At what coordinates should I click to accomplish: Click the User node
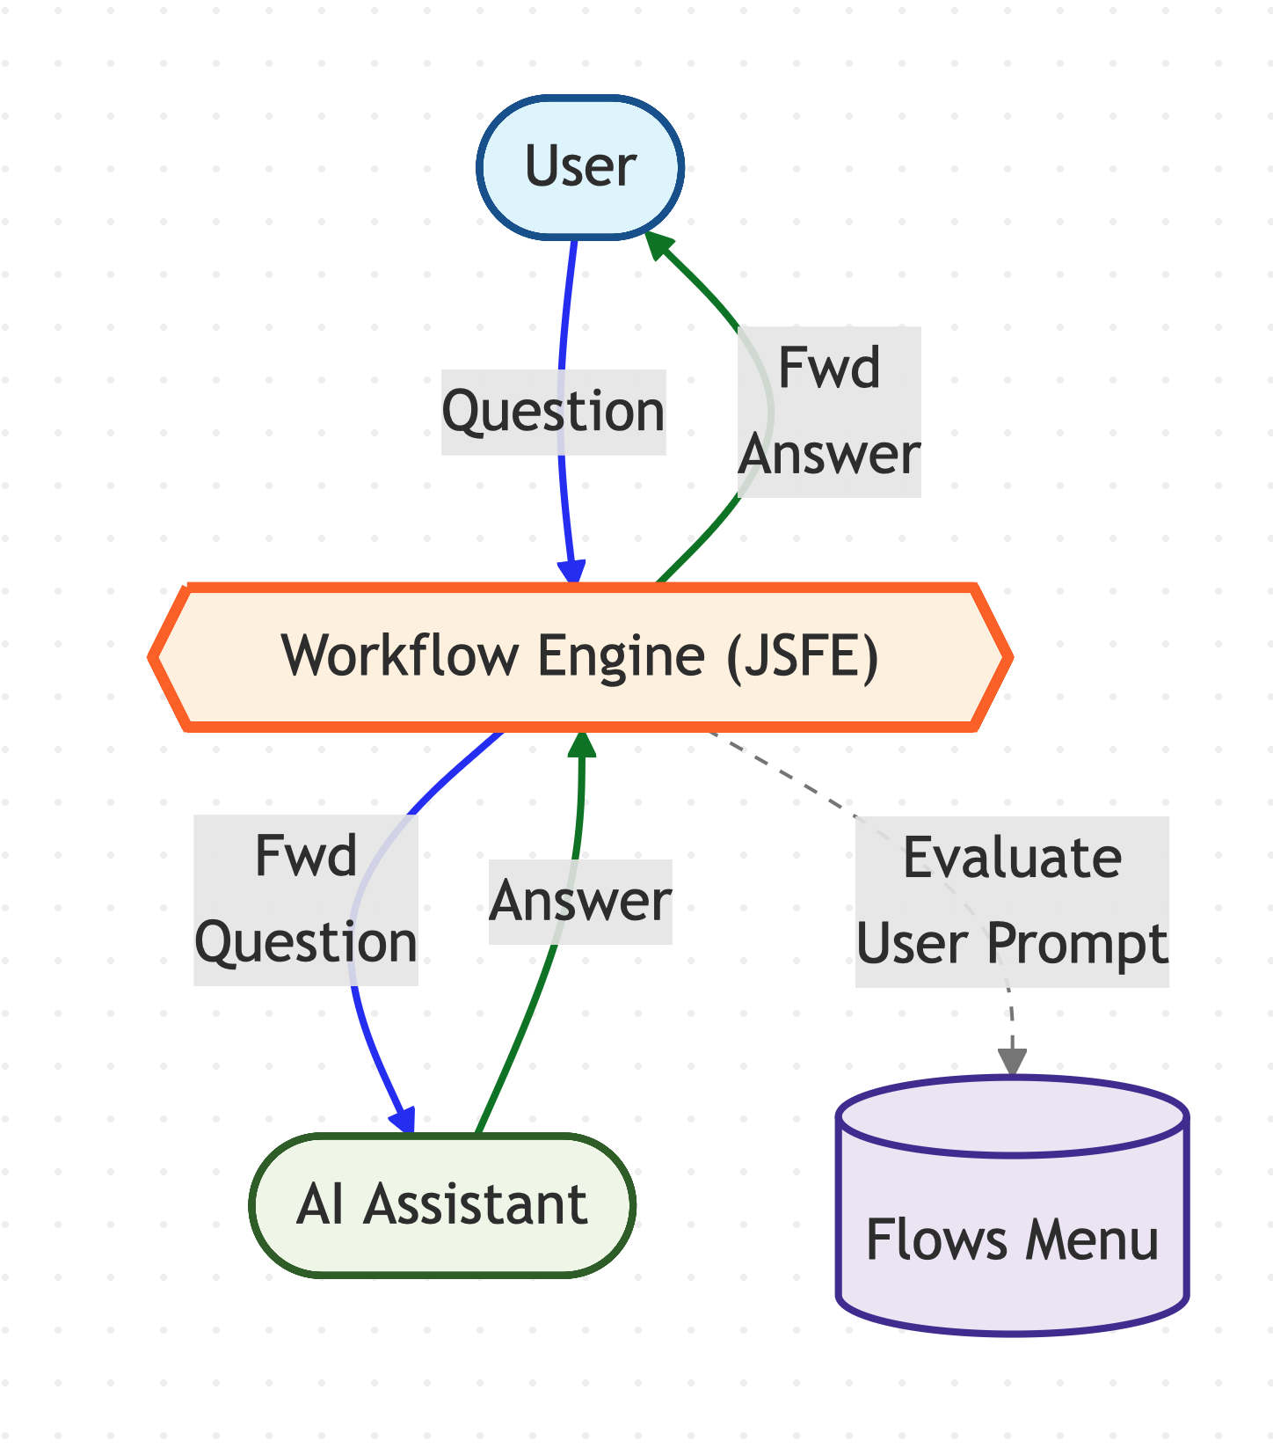[580, 166]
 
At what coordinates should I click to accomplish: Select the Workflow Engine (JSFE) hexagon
[580, 656]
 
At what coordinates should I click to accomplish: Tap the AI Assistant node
[442, 1203]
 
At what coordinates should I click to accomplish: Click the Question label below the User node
[553, 412]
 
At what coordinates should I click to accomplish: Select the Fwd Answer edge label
[830, 412]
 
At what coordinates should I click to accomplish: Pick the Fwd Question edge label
[305, 899]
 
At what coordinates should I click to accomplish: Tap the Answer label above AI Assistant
[580, 902]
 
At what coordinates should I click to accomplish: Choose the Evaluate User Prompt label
[1012, 901]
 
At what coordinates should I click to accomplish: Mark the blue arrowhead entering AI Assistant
[404, 1122]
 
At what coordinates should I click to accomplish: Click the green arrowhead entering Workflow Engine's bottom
[581, 743]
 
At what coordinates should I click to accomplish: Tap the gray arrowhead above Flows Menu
[1013, 1063]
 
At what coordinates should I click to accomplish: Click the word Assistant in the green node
[476, 1203]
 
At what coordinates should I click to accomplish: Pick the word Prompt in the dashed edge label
[1077, 943]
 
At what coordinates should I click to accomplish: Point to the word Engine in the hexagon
[621, 656]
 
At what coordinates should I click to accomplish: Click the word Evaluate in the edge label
[1012, 858]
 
